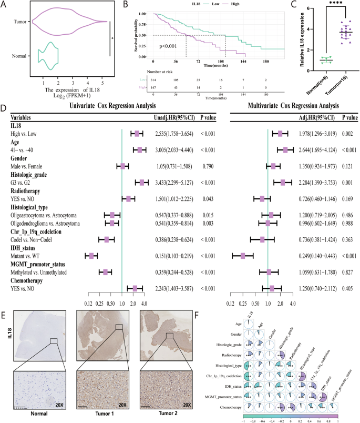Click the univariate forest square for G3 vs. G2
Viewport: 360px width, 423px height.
pos(141,182)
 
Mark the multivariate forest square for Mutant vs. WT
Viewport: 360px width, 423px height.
pos(243,256)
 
